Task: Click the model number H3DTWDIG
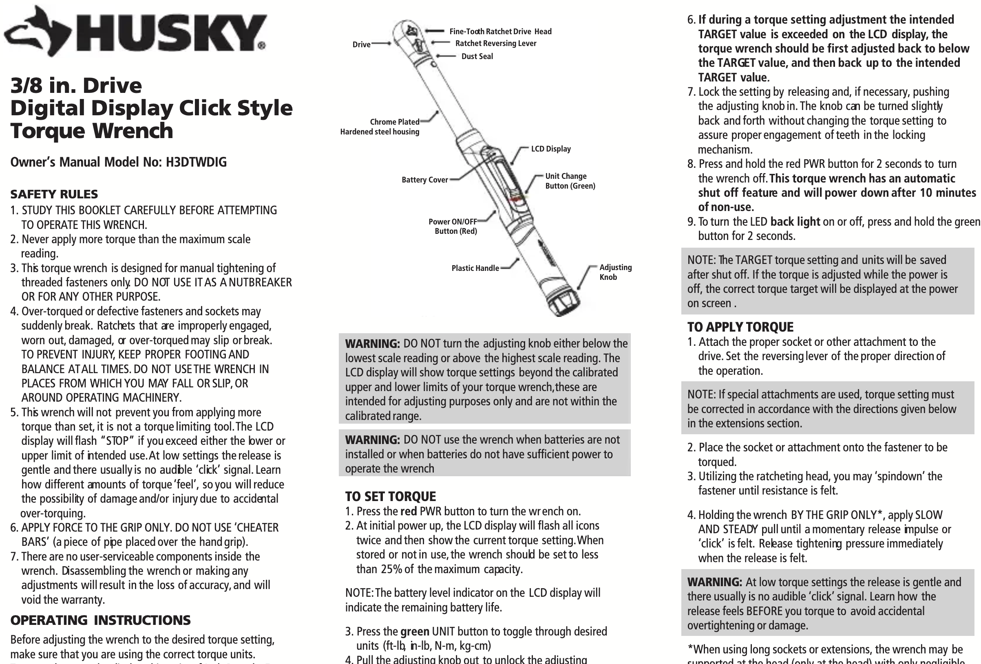(x=196, y=162)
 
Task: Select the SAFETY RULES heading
(x=54, y=194)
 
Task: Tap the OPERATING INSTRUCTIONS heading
(x=100, y=620)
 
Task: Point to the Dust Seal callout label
(x=477, y=57)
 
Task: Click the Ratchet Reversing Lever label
(x=495, y=44)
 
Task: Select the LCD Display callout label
(x=550, y=149)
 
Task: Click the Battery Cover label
(x=424, y=180)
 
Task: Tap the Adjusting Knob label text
(x=615, y=272)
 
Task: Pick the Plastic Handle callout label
(x=475, y=268)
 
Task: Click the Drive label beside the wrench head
(x=361, y=45)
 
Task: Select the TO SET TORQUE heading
(x=390, y=497)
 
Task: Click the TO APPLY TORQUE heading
(x=740, y=327)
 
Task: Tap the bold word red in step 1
(x=408, y=512)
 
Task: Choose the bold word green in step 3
(x=415, y=631)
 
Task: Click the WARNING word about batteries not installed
(x=372, y=440)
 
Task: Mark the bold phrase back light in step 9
(x=795, y=222)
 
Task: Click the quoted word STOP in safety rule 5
(x=117, y=441)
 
